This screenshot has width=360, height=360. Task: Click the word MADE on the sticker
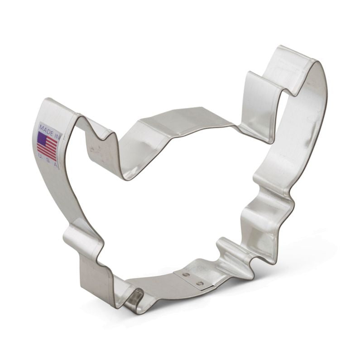(45, 127)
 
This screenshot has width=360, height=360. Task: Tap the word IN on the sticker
(56, 132)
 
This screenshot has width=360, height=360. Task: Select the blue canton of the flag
(42, 138)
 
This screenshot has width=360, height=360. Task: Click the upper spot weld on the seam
(186, 274)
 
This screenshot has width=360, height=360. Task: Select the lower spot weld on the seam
(198, 284)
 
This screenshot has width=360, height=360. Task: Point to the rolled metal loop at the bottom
(134, 299)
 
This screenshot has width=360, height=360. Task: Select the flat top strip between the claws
(181, 119)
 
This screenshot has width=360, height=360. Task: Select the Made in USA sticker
(48, 144)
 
